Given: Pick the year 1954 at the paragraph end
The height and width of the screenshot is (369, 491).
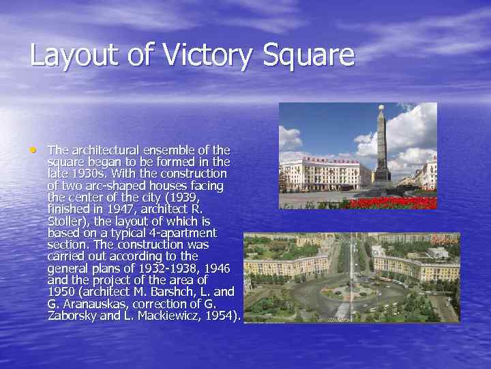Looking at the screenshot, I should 220,316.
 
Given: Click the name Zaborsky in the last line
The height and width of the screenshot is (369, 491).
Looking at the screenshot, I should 74,316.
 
